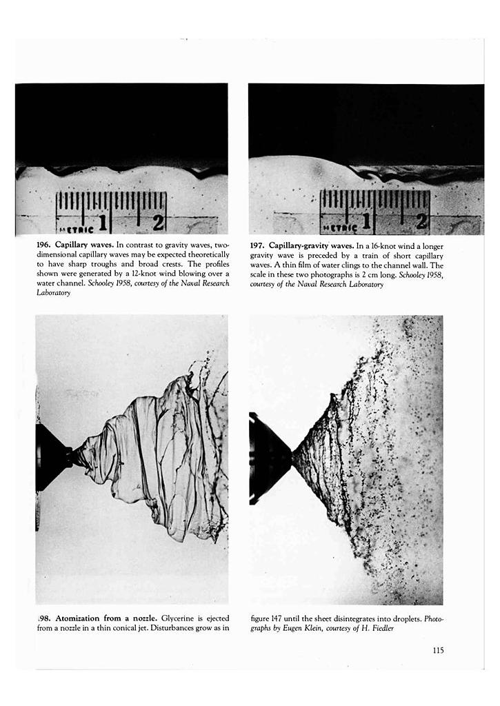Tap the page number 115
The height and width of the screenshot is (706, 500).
coord(438,649)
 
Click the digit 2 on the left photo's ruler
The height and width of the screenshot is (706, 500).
coord(158,222)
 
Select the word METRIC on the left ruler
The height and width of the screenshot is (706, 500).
coord(73,227)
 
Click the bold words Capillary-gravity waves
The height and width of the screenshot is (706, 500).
coord(311,245)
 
